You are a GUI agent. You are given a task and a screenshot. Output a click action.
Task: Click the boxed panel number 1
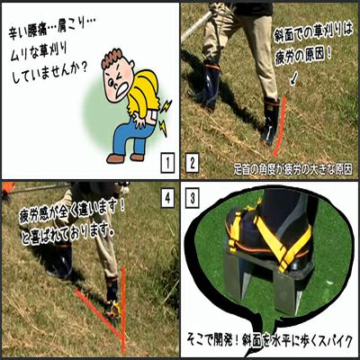[167, 163]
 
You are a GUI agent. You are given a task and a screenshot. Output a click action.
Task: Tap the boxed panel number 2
[193, 163]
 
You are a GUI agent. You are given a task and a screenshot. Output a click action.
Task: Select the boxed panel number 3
[193, 198]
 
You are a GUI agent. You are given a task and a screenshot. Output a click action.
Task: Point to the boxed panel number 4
[167, 198]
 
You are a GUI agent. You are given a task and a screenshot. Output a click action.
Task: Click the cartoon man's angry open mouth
[122, 90]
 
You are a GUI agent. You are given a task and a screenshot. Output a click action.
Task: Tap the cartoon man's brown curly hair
[115, 58]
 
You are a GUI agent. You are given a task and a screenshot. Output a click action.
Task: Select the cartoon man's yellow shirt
[144, 93]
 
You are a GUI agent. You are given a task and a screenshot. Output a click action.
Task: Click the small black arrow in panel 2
[293, 79]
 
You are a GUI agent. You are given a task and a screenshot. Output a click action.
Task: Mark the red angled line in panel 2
[280, 126]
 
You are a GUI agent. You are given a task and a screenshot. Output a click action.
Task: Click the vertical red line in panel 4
[123, 309]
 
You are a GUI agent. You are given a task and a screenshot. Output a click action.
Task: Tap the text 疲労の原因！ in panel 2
[303, 56]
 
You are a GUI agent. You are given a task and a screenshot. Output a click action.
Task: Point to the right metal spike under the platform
[298, 300]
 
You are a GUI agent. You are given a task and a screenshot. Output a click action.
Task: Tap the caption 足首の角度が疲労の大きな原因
[292, 170]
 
